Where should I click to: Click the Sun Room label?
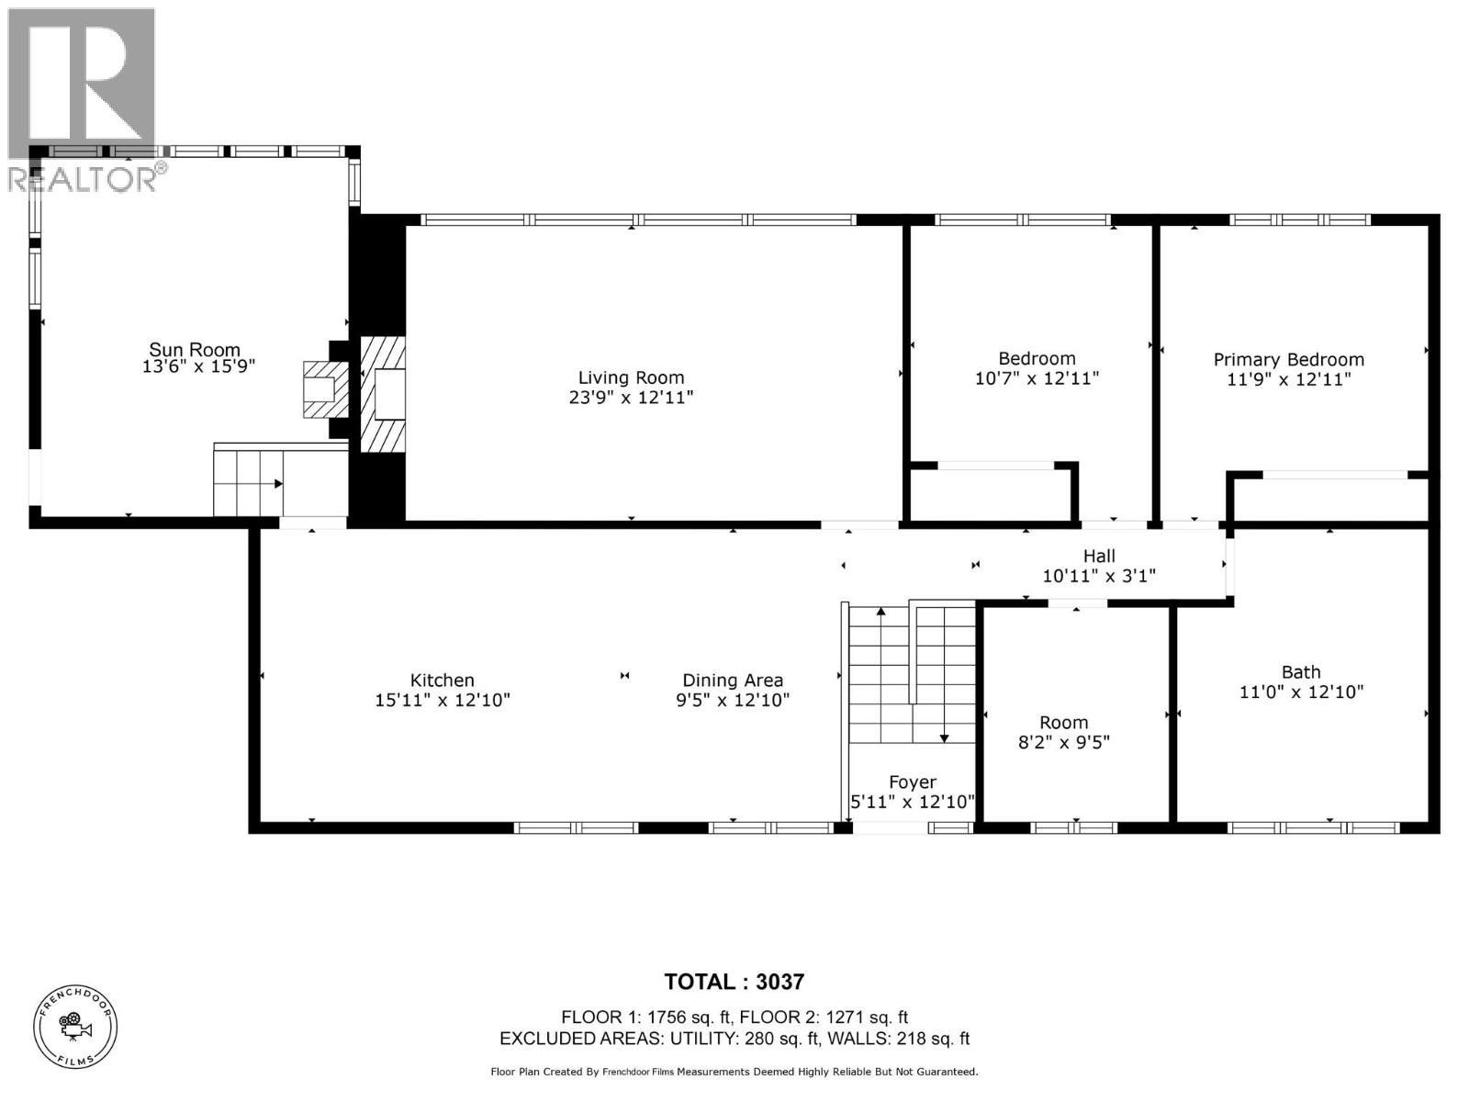coord(195,350)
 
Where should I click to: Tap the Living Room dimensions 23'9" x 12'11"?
coord(631,398)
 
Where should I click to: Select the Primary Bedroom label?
coord(1288,360)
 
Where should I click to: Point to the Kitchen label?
coord(442,680)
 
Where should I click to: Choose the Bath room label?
coord(1301,672)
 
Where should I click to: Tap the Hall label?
coord(1099,557)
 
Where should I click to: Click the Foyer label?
coord(913,782)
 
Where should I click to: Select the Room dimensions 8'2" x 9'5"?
coord(1064,742)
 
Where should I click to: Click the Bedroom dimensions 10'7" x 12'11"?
coord(1037,378)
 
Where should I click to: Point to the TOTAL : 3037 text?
coord(734,982)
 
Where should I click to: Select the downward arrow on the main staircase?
coord(944,737)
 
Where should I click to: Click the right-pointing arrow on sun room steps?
coord(278,483)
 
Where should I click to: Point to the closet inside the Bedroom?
coord(992,494)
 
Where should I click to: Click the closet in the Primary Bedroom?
coord(1329,499)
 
